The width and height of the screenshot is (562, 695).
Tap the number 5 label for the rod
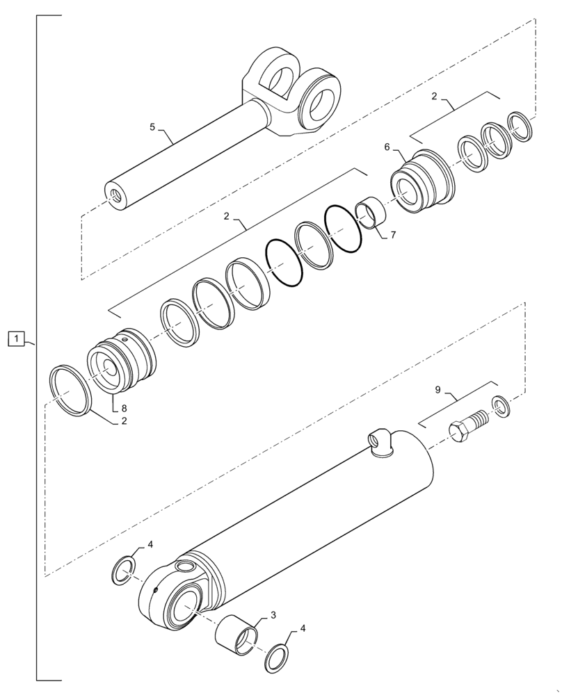(153, 127)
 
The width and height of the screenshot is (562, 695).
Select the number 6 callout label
(387, 147)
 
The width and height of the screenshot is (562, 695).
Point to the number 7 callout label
(393, 235)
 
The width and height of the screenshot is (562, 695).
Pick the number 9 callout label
(437, 391)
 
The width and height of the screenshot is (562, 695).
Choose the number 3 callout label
(273, 614)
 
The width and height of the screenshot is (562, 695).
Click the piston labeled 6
(421, 182)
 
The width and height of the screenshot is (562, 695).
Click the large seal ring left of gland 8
(70, 391)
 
